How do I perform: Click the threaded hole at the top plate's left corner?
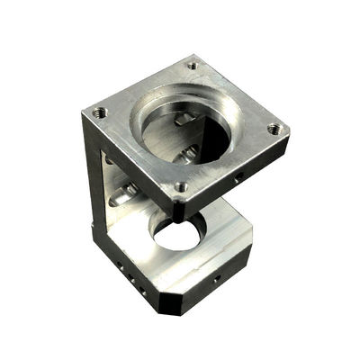click(x=99, y=112)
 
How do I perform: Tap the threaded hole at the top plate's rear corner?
click(x=192, y=65)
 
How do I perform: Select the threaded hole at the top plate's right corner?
click(x=274, y=129)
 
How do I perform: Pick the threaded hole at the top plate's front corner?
click(x=182, y=187)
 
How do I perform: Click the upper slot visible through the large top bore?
click(x=184, y=120)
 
